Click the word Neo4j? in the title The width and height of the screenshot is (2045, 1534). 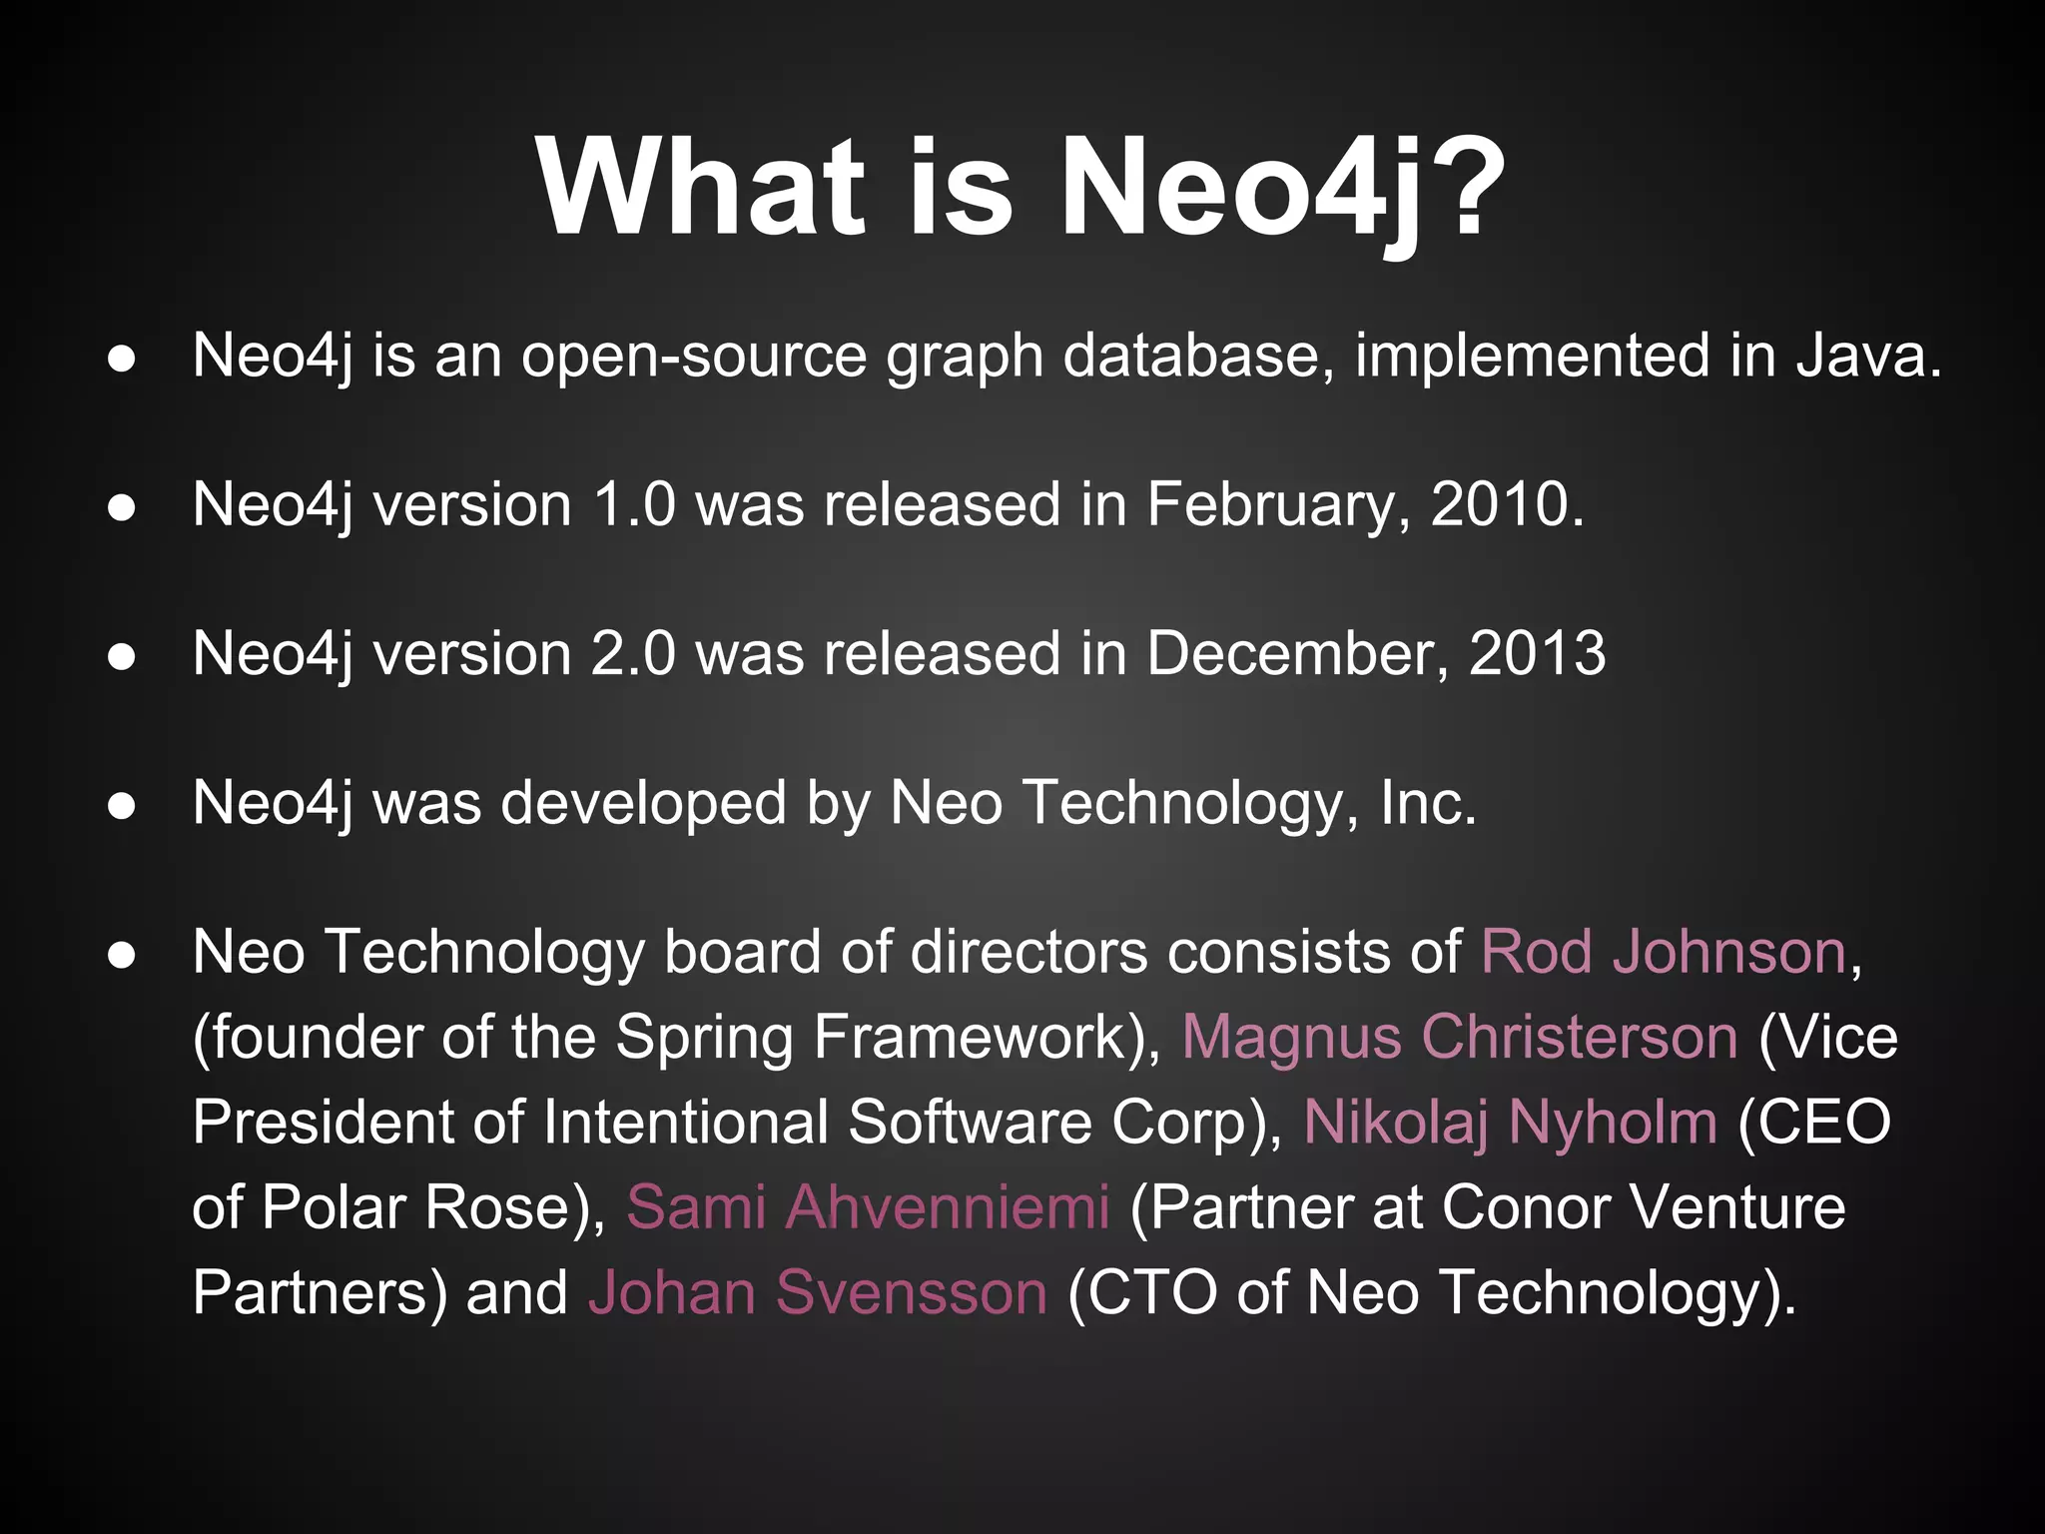(1282, 189)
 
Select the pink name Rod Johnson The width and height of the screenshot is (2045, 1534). (1663, 952)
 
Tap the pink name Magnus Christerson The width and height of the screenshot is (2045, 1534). (1460, 1037)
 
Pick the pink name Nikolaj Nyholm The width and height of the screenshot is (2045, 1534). (1510, 1122)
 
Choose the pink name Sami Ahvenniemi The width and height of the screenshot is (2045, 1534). (868, 1206)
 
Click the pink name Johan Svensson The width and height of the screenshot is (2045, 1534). (818, 1292)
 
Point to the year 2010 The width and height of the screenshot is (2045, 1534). (1507, 504)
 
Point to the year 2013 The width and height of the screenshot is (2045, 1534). (1537, 654)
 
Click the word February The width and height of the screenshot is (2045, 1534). (1279, 506)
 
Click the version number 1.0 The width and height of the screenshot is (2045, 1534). (633, 504)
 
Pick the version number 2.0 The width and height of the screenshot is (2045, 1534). (633, 654)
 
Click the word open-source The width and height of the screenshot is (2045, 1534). (694, 358)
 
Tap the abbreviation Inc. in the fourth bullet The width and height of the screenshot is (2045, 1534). (1428, 803)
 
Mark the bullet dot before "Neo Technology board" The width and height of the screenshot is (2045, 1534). (122, 955)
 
